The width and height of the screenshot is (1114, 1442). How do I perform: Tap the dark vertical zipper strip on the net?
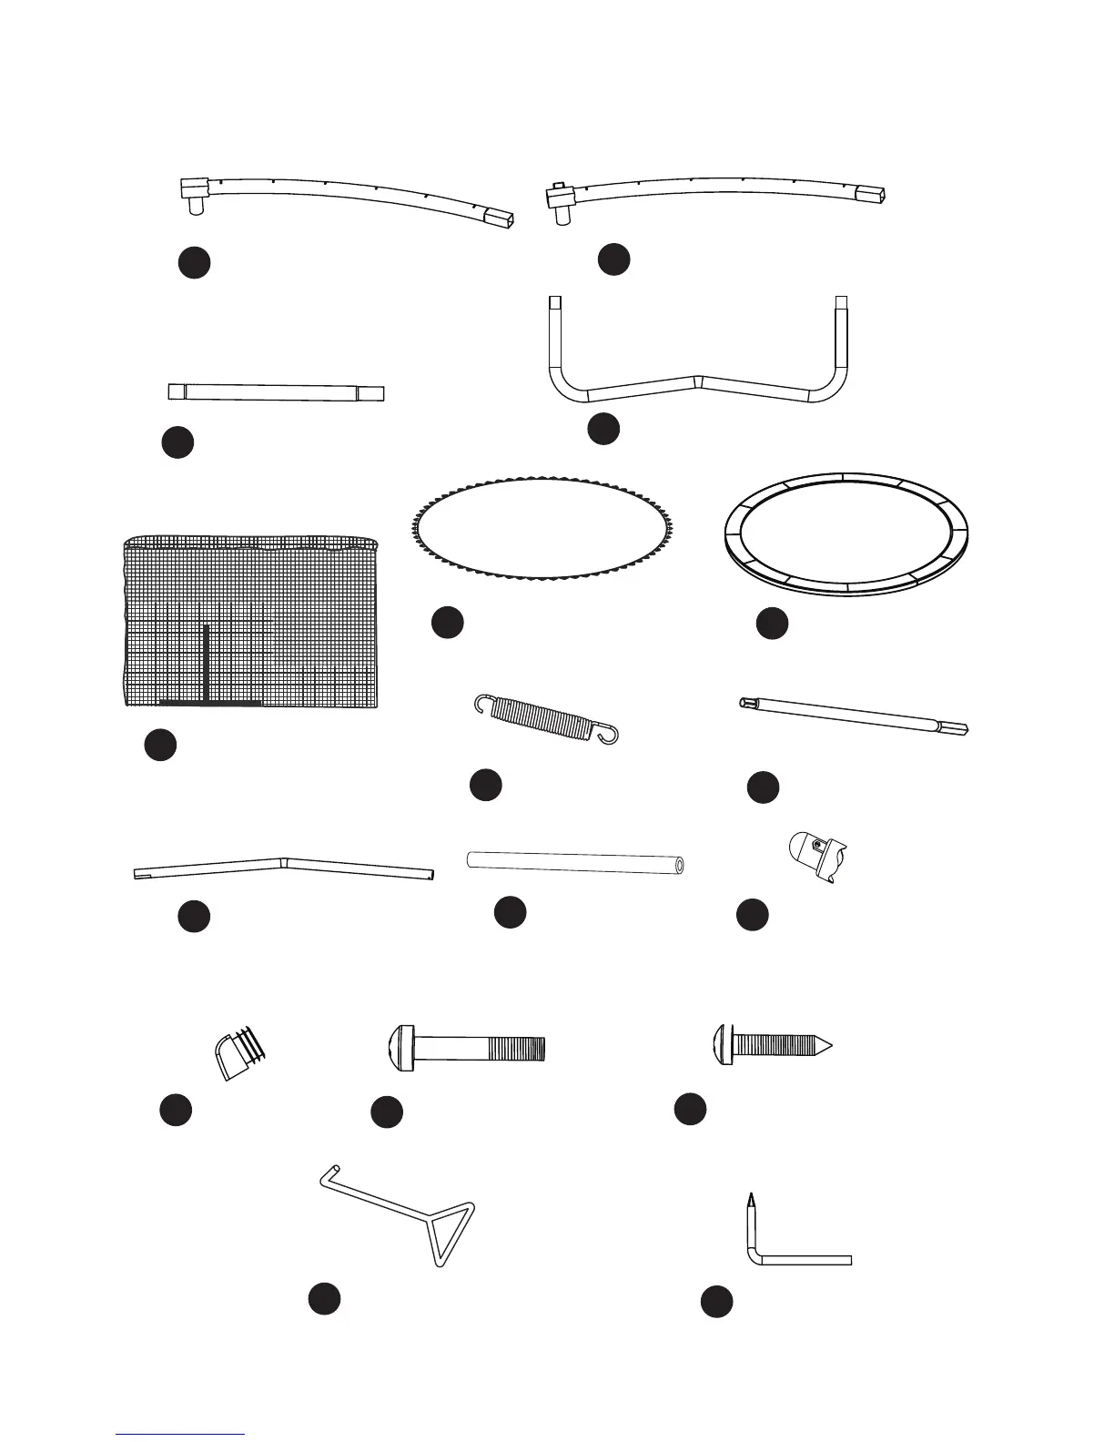point(208,665)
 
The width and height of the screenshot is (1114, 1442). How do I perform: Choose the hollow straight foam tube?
point(575,861)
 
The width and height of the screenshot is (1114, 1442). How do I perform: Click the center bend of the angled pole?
point(284,859)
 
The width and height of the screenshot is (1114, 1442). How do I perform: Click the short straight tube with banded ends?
point(277,392)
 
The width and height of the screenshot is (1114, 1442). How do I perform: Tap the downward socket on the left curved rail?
point(194,207)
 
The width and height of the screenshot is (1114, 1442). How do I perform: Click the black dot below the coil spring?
point(486,786)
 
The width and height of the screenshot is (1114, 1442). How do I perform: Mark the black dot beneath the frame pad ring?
point(772,624)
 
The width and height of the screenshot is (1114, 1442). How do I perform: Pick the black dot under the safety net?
point(160,744)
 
